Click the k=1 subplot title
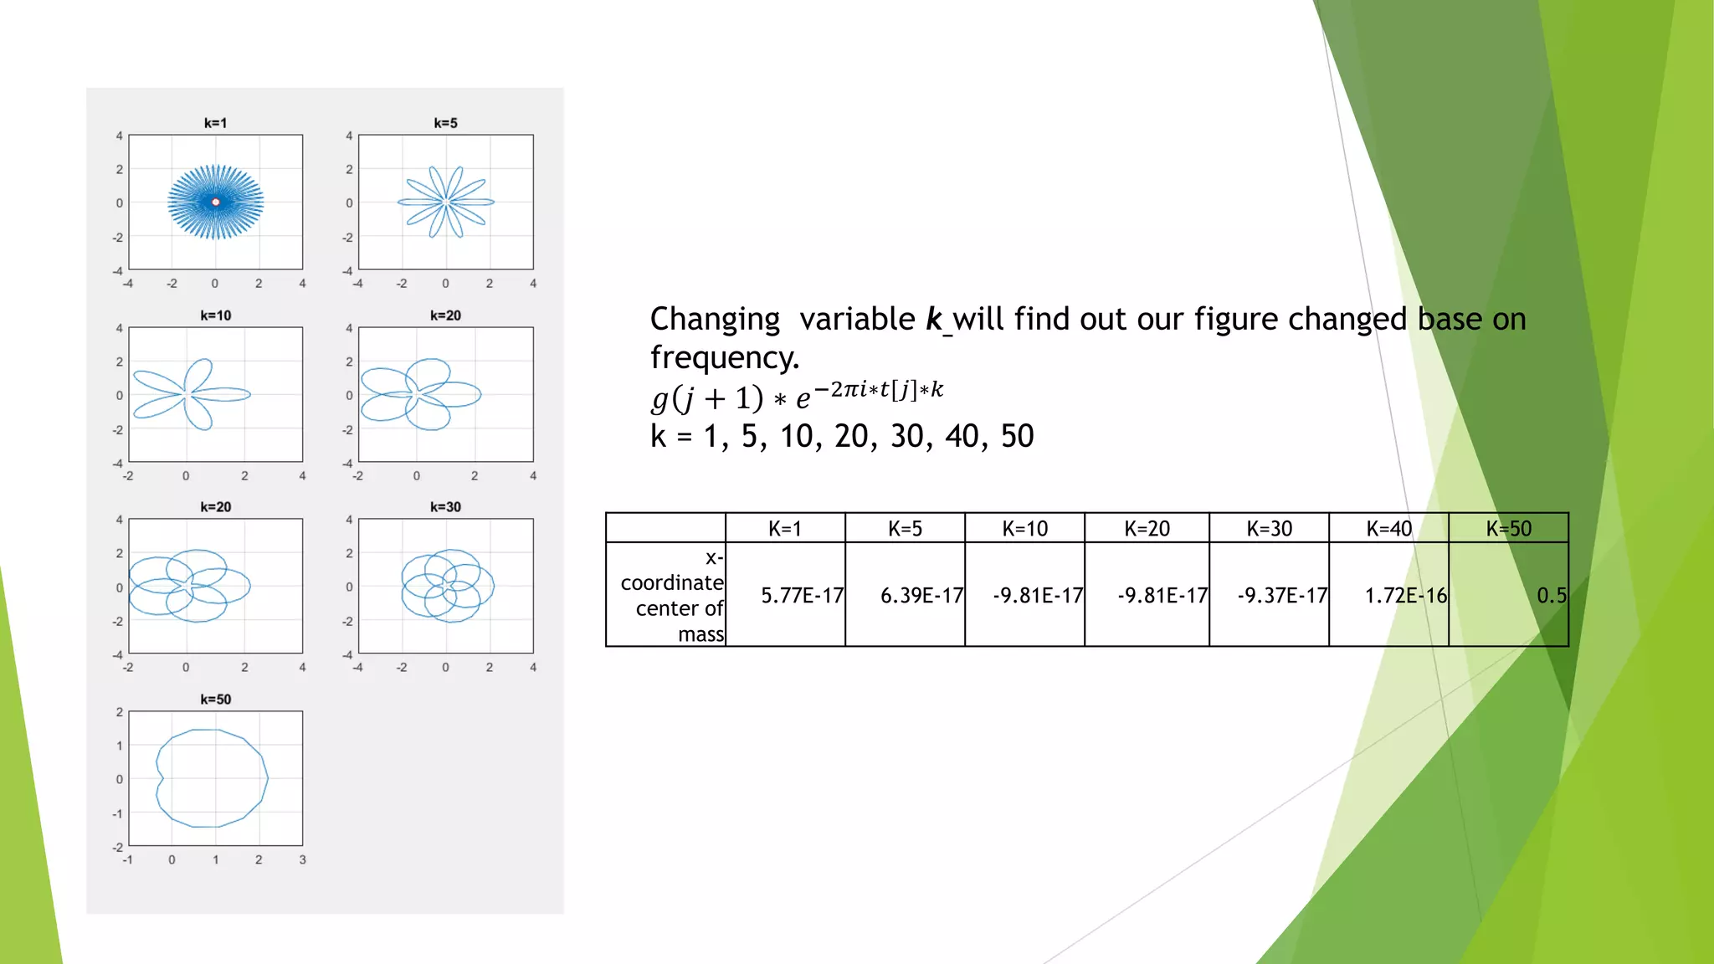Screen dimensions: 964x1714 pyautogui.click(x=215, y=123)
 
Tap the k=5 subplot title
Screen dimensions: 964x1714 pyautogui.click(x=445, y=123)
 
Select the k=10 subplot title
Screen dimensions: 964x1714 pyautogui.click(x=215, y=315)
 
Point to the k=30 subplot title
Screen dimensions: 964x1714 pyautogui.click(x=445, y=507)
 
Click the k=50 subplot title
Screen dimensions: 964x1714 pyautogui.click(x=215, y=700)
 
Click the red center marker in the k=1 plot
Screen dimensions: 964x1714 pyautogui.click(x=216, y=202)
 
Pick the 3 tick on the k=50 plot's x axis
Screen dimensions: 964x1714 pyautogui.click(x=302, y=859)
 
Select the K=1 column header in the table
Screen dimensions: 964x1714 pyautogui.click(x=785, y=529)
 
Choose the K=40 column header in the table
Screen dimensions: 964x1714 pyautogui.click(x=1388, y=529)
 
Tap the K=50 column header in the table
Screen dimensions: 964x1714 pyautogui.click(x=1508, y=529)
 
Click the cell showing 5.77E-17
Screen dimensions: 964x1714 pyautogui.click(x=802, y=596)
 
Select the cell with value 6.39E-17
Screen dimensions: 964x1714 pyautogui.click(x=921, y=596)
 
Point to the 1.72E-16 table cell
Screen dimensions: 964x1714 pyautogui.click(x=1405, y=596)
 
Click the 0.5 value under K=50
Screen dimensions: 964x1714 pyautogui.click(x=1551, y=596)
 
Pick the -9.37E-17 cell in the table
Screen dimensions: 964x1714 pyautogui.click(x=1282, y=596)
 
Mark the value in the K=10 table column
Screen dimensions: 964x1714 pyautogui.click(x=1038, y=596)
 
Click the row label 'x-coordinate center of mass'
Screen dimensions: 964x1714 pyautogui.click(x=673, y=596)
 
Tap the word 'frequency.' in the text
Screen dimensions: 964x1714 pyautogui.click(x=725, y=357)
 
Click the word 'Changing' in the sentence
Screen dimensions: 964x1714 pyautogui.click(x=715, y=319)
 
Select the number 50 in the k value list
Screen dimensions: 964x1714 pyautogui.click(x=1017, y=436)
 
